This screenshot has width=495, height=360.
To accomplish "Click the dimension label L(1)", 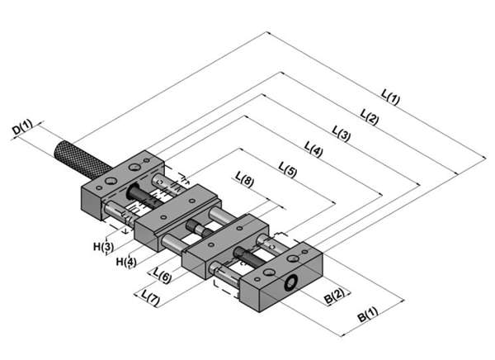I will (x=390, y=101).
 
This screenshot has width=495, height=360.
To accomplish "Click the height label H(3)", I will (x=102, y=245).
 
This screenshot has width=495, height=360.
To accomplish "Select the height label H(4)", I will (x=125, y=262).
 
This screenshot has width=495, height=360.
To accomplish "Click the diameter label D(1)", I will (x=22, y=128).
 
